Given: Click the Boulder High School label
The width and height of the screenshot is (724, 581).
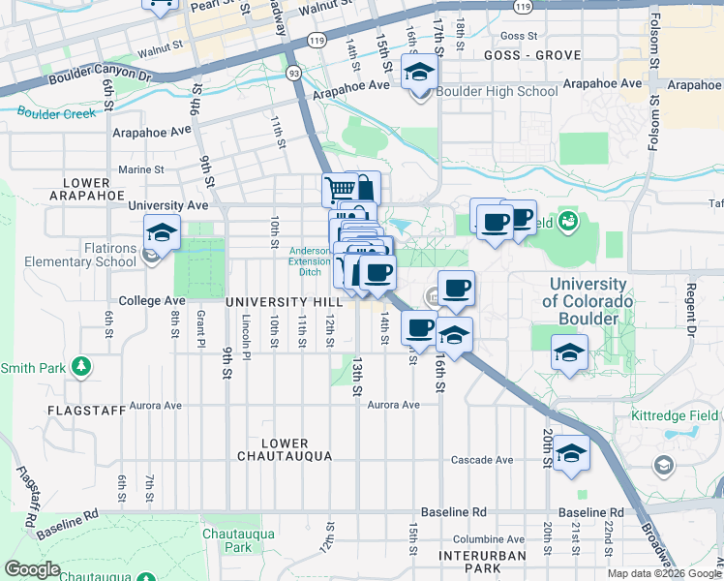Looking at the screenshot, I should pos(497,92).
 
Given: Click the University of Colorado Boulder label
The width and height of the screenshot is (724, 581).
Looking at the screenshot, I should pos(588,301).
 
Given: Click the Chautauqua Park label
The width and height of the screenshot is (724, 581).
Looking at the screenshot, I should pos(238,540).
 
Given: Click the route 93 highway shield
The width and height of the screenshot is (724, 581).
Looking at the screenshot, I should pos(292,71).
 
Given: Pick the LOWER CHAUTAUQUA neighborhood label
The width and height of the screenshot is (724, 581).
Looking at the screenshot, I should pos(285,449).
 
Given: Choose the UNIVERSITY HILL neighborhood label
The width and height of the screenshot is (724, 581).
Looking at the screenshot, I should pos(272,302).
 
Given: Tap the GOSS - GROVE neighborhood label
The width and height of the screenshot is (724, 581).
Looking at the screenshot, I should pos(519,57).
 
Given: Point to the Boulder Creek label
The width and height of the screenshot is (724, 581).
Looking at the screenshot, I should pos(56,113).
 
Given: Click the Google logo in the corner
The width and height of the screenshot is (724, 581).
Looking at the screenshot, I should pos(32,569).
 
